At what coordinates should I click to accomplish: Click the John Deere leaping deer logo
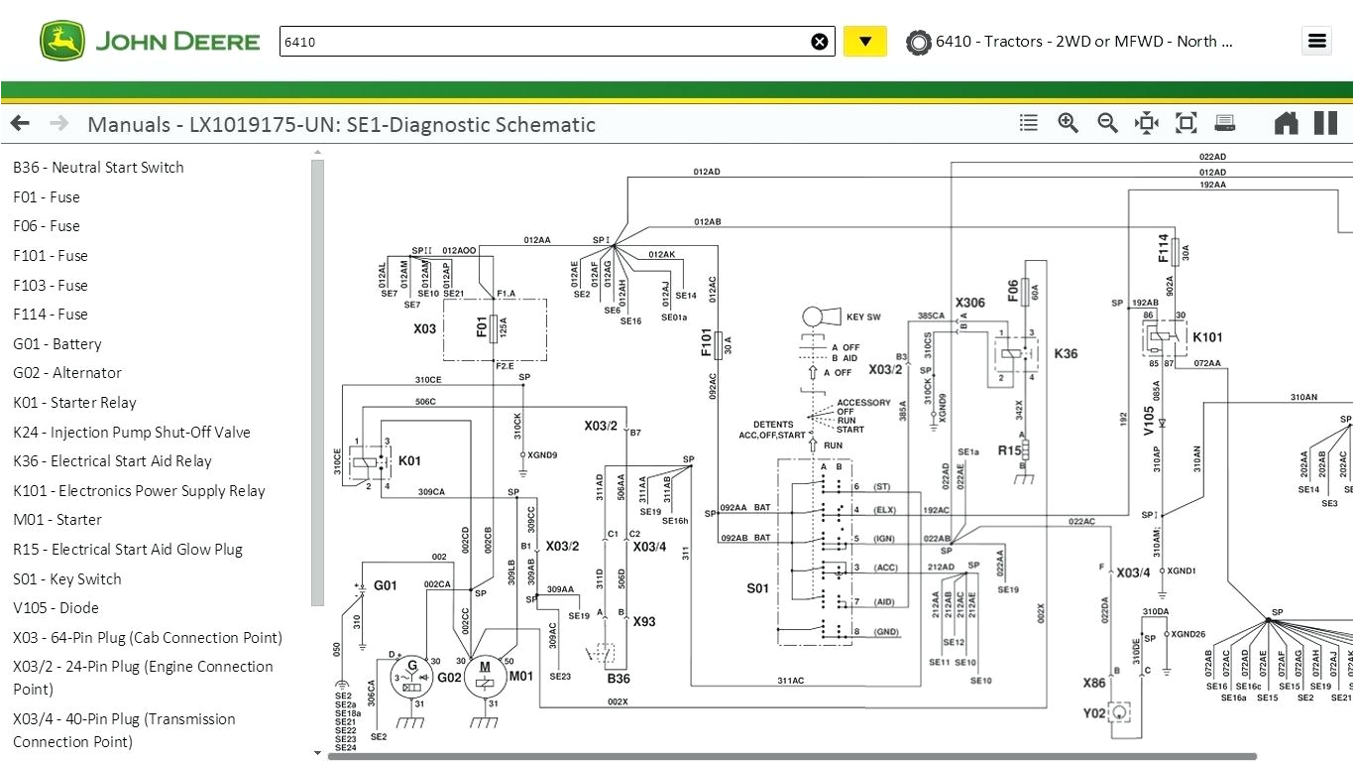tap(62, 42)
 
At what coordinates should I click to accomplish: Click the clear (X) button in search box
tap(820, 42)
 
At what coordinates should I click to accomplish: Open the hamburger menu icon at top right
tap(1316, 41)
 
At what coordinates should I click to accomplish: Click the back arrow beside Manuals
tap(20, 124)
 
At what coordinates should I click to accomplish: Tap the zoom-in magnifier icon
tap(1068, 123)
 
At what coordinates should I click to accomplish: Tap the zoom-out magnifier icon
tap(1107, 123)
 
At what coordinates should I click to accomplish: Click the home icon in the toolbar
tap(1286, 123)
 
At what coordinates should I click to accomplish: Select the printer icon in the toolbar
tap(1225, 123)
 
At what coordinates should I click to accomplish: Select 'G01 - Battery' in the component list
tap(57, 344)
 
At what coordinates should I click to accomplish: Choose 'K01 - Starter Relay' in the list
tap(74, 403)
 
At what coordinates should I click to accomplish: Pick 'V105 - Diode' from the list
tap(56, 608)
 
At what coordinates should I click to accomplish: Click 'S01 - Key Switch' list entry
tap(67, 579)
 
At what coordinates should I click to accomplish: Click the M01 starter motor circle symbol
tap(485, 673)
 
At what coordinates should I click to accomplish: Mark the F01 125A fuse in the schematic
tap(494, 328)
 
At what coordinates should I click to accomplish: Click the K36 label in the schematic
tap(1066, 354)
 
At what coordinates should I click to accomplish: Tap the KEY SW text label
tap(863, 317)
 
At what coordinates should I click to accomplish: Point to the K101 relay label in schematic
tap(1207, 337)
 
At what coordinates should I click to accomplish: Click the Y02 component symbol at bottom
tap(1121, 712)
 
